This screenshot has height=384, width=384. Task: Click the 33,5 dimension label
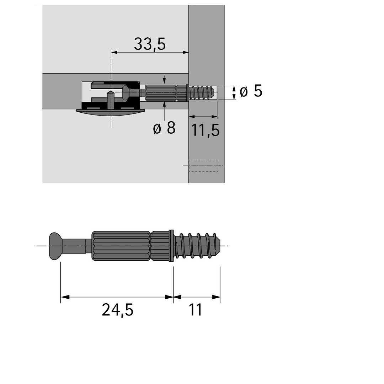point(150,44)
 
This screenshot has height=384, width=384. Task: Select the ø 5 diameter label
point(251,91)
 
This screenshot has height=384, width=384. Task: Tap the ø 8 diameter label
point(164,128)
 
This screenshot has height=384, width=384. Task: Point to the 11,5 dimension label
point(205,130)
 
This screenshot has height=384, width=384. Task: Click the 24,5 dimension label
point(118,310)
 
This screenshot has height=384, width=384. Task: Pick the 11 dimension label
point(196,310)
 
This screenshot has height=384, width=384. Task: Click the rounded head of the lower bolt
point(55,246)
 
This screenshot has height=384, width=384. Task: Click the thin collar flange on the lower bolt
point(171,246)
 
